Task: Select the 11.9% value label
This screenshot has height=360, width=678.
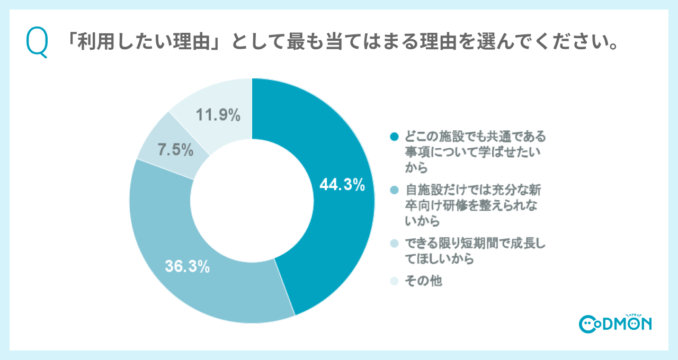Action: pyautogui.click(x=218, y=114)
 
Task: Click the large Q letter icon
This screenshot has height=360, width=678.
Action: pyautogui.click(x=37, y=43)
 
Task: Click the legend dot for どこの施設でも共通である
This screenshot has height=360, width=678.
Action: pyautogui.click(x=393, y=137)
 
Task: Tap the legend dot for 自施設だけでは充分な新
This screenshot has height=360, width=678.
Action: pyautogui.click(x=393, y=190)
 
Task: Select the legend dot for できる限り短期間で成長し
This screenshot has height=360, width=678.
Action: pyautogui.click(x=393, y=243)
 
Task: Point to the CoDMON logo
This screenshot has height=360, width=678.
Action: pyautogui.click(x=615, y=323)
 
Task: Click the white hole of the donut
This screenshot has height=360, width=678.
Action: pyautogui.click(x=252, y=201)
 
